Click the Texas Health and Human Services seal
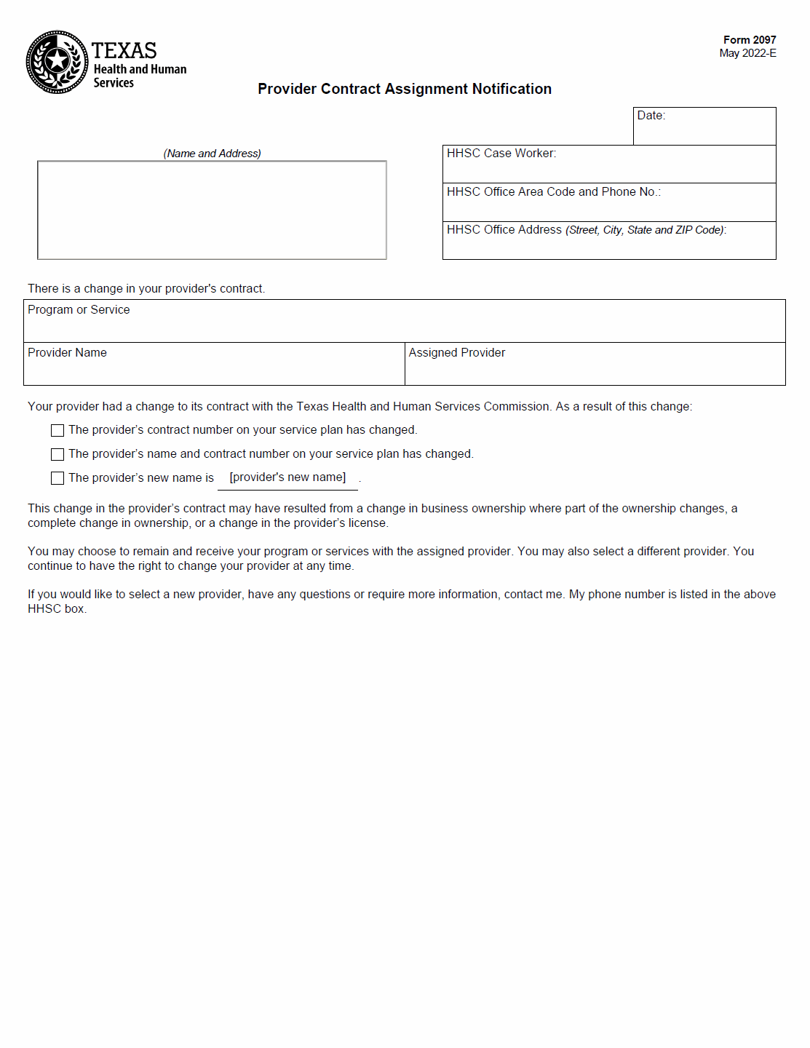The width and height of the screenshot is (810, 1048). click(57, 62)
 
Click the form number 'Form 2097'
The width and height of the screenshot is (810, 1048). click(749, 40)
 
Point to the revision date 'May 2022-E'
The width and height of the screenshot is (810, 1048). click(747, 53)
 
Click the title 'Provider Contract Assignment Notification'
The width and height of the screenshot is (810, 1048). click(405, 89)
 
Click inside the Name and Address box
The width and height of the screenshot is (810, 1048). click(212, 210)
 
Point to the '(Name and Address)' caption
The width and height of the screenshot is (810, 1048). click(212, 154)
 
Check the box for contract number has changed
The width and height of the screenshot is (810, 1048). click(57, 431)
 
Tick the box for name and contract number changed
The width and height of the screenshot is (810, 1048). click(57, 455)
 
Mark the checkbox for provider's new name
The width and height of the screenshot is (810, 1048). click(57, 478)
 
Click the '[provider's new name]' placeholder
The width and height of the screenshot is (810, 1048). click(287, 477)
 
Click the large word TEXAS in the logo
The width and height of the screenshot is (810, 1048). click(124, 51)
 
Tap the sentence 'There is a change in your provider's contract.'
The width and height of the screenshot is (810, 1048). click(146, 289)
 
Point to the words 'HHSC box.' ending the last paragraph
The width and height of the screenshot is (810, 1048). click(57, 609)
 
